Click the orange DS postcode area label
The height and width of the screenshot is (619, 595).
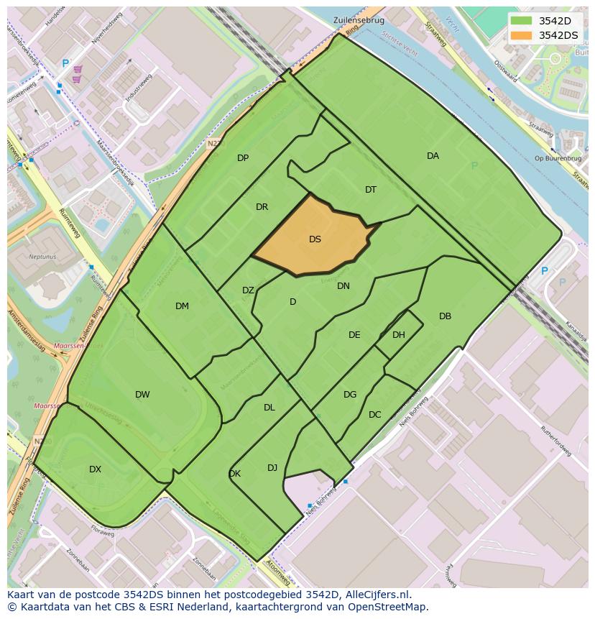click(x=315, y=239)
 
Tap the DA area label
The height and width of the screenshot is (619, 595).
click(x=433, y=156)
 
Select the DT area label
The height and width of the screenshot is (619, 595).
click(x=371, y=190)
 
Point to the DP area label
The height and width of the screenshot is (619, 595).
click(x=243, y=158)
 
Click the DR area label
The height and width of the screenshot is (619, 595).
click(x=262, y=207)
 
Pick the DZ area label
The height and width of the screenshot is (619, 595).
click(x=248, y=290)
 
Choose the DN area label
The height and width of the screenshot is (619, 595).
click(x=343, y=286)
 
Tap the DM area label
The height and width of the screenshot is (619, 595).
click(x=182, y=306)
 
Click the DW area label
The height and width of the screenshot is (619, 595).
click(x=142, y=395)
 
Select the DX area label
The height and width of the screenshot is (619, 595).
click(x=95, y=469)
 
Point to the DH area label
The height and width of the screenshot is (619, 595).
click(x=399, y=335)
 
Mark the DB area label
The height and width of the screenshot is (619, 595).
click(x=445, y=316)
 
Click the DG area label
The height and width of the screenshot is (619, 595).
click(x=350, y=395)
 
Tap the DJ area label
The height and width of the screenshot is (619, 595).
click(x=272, y=468)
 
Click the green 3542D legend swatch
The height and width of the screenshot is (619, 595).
click(x=521, y=21)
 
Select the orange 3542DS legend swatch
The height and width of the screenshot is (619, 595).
click(x=521, y=35)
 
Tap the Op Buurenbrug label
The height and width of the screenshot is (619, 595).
click(x=553, y=158)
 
